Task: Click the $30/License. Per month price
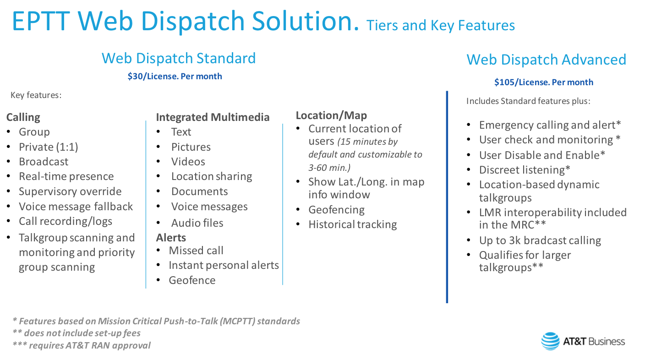pyautogui.click(x=175, y=76)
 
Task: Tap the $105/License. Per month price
pyautogui.click(x=543, y=82)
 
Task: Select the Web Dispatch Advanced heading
pyautogui.click(x=546, y=60)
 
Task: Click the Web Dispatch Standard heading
pyautogui.click(x=178, y=58)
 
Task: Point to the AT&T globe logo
pyautogui.click(x=550, y=341)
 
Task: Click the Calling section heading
pyautogui.click(x=23, y=117)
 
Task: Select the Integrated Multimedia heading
pyautogui.click(x=213, y=117)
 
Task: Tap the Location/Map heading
pyautogui.click(x=331, y=115)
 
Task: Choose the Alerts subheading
pyautogui.click(x=171, y=237)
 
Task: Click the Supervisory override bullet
pyautogui.click(x=70, y=191)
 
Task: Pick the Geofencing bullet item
pyautogui.click(x=336, y=210)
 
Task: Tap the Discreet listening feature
pyautogui.click(x=525, y=170)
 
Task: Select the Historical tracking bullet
pyautogui.click(x=352, y=224)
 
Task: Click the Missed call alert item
pyautogui.click(x=196, y=251)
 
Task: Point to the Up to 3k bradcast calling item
pyautogui.click(x=540, y=240)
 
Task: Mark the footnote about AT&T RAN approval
pyautogui.click(x=81, y=345)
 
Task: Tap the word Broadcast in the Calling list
pyautogui.click(x=44, y=162)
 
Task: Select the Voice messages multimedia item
pyautogui.click(x=209, y=207)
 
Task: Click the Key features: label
pyautogui.click(x=36, y=95)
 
